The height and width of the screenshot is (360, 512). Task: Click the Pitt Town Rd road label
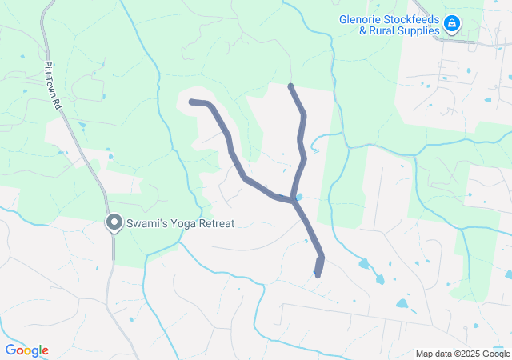click(x=53, y=85)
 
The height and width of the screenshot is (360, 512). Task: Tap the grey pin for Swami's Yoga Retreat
click(x=114, y=224)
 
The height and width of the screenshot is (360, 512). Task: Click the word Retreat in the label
click(x=213, y=224)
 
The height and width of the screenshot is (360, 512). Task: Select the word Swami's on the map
click(x=146, y=224)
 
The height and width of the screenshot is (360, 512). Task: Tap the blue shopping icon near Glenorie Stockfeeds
click(x=452, y=25)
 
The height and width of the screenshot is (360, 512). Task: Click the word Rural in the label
click(x=382, y=31)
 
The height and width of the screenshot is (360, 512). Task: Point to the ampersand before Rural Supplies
click(x=362, y=31)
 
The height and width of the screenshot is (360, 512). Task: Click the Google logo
click(x=26, y=350)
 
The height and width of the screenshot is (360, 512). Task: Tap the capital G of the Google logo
click(x=10, y=350)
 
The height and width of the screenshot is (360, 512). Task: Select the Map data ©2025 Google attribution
click(x=462, y=354)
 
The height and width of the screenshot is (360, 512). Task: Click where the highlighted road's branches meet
click(x=294, y=200)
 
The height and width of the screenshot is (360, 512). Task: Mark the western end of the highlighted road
click(x=191, y=102)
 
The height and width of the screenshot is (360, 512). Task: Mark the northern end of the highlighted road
click(x=290, y=86)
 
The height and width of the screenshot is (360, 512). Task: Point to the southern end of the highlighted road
click(x=318, y=275)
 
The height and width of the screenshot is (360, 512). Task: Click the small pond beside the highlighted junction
click(x=300, y=196)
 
